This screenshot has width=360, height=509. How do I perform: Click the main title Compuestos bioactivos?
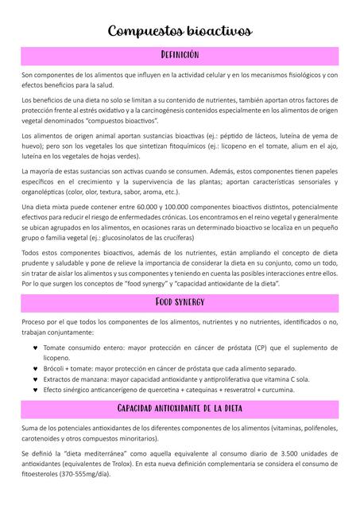[180, 32]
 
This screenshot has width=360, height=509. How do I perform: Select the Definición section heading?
[180, 55]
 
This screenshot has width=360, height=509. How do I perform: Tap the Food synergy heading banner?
[180, 302]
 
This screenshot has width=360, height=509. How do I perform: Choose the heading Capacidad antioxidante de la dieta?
[180, 408]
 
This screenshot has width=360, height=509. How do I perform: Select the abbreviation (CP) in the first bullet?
[251, 348]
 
